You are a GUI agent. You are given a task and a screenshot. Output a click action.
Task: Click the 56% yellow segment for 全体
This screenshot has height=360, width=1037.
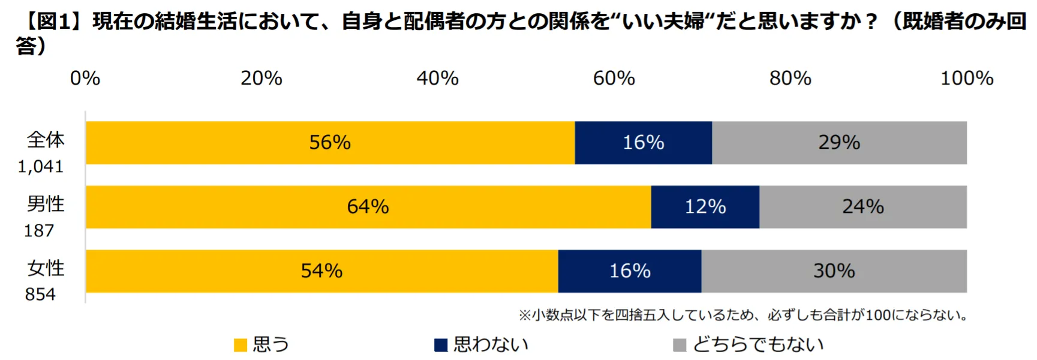330,143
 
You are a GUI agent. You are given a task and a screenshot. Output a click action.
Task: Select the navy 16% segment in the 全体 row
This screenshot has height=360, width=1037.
643,143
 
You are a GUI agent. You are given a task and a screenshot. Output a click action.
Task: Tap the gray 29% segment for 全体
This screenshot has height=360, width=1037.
839,143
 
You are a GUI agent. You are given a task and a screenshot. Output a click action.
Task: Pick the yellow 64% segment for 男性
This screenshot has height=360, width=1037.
368,207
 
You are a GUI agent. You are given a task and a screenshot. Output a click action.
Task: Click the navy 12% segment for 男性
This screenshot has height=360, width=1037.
705,207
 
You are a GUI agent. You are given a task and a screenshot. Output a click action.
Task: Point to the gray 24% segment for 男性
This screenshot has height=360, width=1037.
862,207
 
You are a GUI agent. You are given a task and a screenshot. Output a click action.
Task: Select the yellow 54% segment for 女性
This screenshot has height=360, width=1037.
321,271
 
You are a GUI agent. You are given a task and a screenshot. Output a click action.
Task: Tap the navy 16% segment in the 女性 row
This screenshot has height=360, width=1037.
630,271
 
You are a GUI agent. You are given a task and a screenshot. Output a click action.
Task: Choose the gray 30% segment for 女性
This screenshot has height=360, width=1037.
834,271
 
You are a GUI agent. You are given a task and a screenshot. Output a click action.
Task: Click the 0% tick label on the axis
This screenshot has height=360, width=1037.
85,78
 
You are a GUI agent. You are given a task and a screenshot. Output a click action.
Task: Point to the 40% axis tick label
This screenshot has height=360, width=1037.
437,78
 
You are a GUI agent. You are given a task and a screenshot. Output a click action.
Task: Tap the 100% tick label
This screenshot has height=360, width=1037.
966,78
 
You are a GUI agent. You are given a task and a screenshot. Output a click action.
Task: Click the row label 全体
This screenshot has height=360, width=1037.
46,140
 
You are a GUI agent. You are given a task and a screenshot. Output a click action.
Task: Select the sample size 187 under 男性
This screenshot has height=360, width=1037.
39,230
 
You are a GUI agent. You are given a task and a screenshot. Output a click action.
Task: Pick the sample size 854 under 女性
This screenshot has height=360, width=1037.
40,295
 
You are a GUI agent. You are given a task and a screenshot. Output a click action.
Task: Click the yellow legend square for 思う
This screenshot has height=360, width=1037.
241,345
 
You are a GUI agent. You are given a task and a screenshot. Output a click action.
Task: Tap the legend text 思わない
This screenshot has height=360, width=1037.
491,344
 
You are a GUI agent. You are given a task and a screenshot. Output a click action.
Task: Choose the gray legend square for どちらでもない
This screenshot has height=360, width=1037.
680,345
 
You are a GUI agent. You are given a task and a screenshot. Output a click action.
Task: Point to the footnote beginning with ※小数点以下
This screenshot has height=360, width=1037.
743,315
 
